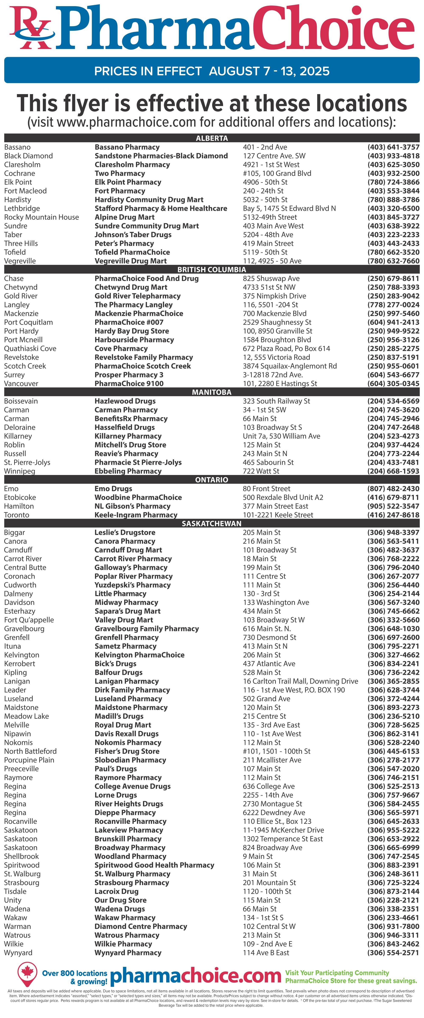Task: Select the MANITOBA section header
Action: point(212,392)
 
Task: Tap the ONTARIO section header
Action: point(212,480)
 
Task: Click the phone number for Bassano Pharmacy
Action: point(393,147)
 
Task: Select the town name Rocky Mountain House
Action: point(42,217)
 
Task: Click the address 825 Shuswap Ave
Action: point(271,278)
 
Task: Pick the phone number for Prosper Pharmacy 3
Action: point(393,375)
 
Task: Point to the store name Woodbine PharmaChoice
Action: point(138,497)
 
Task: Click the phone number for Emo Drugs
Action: point(393,489)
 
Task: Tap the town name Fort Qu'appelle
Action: point(29,620)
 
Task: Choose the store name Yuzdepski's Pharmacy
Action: point(132,585)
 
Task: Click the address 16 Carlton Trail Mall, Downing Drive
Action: point(300,681)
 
